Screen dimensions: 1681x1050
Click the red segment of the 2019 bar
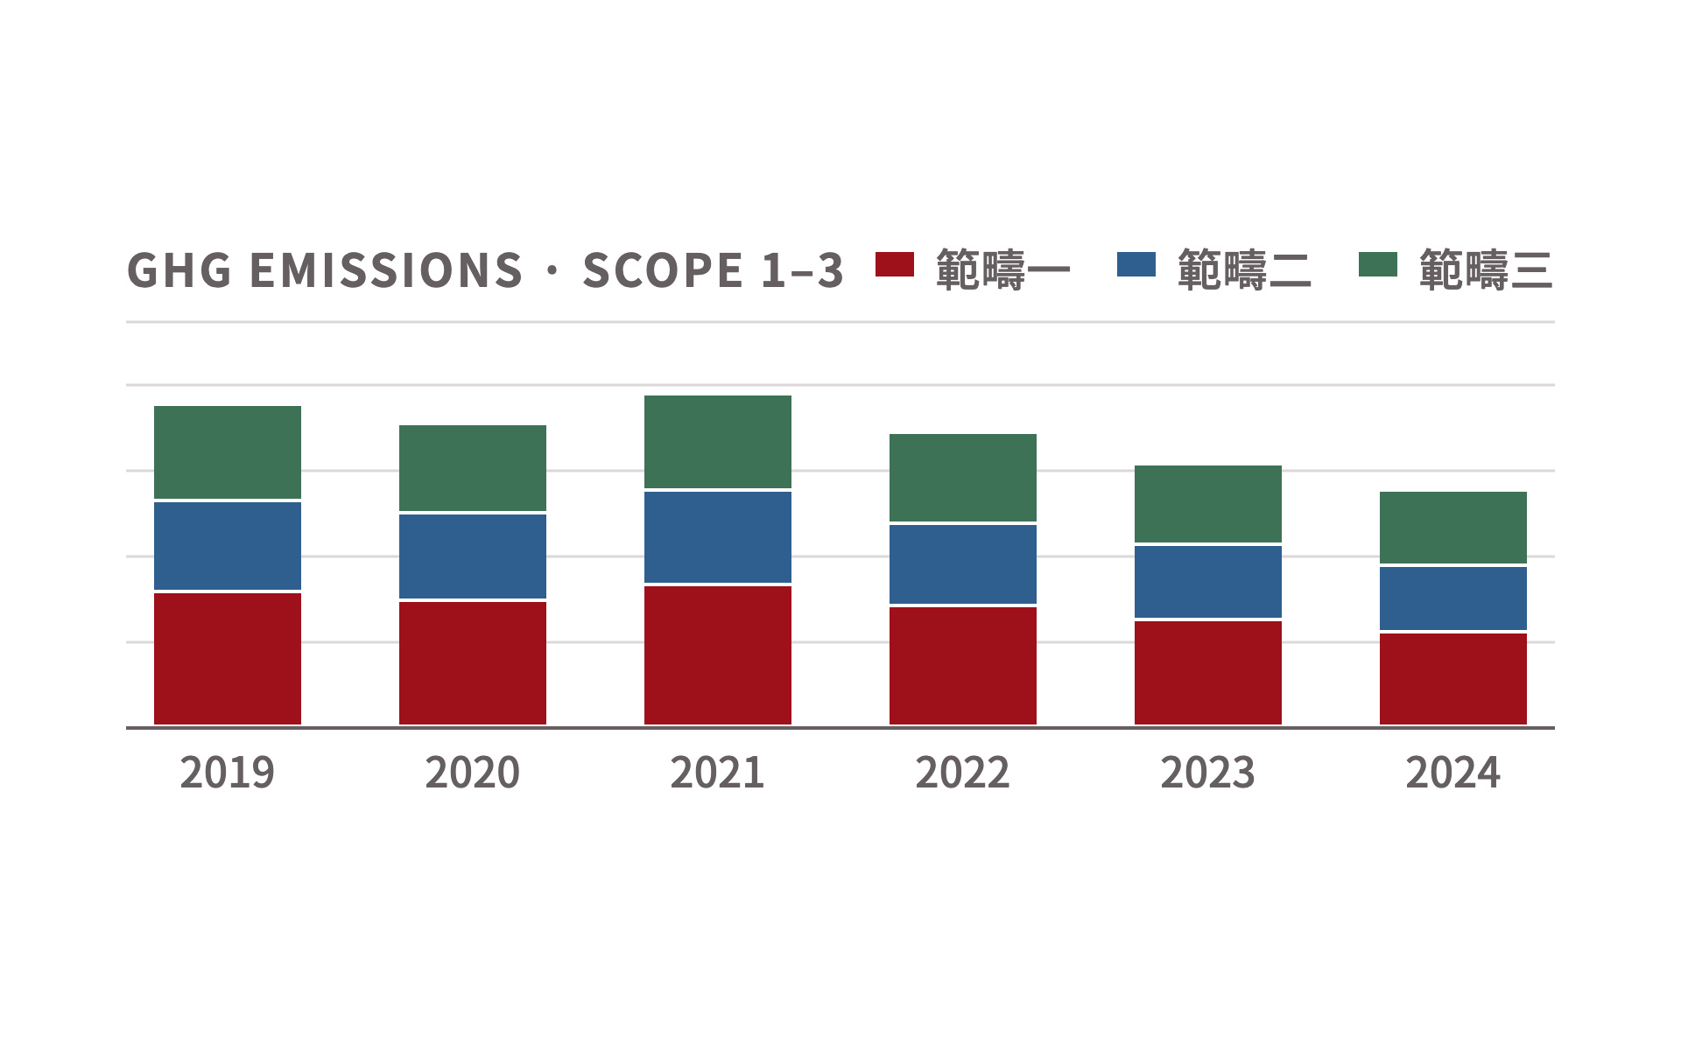(228, 659)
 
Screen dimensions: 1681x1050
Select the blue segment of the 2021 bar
(718, 537)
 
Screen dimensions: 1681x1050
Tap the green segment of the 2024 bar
(1453, 528)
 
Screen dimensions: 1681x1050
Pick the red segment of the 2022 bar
(963, 666)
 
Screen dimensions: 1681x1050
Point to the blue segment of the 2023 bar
(1208, 582)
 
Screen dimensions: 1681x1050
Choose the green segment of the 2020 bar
(473, 468)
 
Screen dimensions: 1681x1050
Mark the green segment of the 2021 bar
(718, 442)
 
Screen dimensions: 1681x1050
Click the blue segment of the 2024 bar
(1453, 598)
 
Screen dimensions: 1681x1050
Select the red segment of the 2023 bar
(1208, 673)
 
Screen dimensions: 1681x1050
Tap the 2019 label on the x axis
(228, 773)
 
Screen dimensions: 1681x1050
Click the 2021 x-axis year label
(718, 773)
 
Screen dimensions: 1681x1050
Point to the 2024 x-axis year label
(1453, 773)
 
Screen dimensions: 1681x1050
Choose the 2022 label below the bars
(963, 773)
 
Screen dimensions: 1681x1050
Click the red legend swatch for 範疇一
(895, 264)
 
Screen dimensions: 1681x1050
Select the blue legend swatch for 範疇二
(1136, 264)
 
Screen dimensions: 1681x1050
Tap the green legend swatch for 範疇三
(1378, 264)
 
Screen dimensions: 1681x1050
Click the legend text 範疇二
(1245, 269)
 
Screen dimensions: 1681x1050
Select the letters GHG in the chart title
(179, 269)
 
